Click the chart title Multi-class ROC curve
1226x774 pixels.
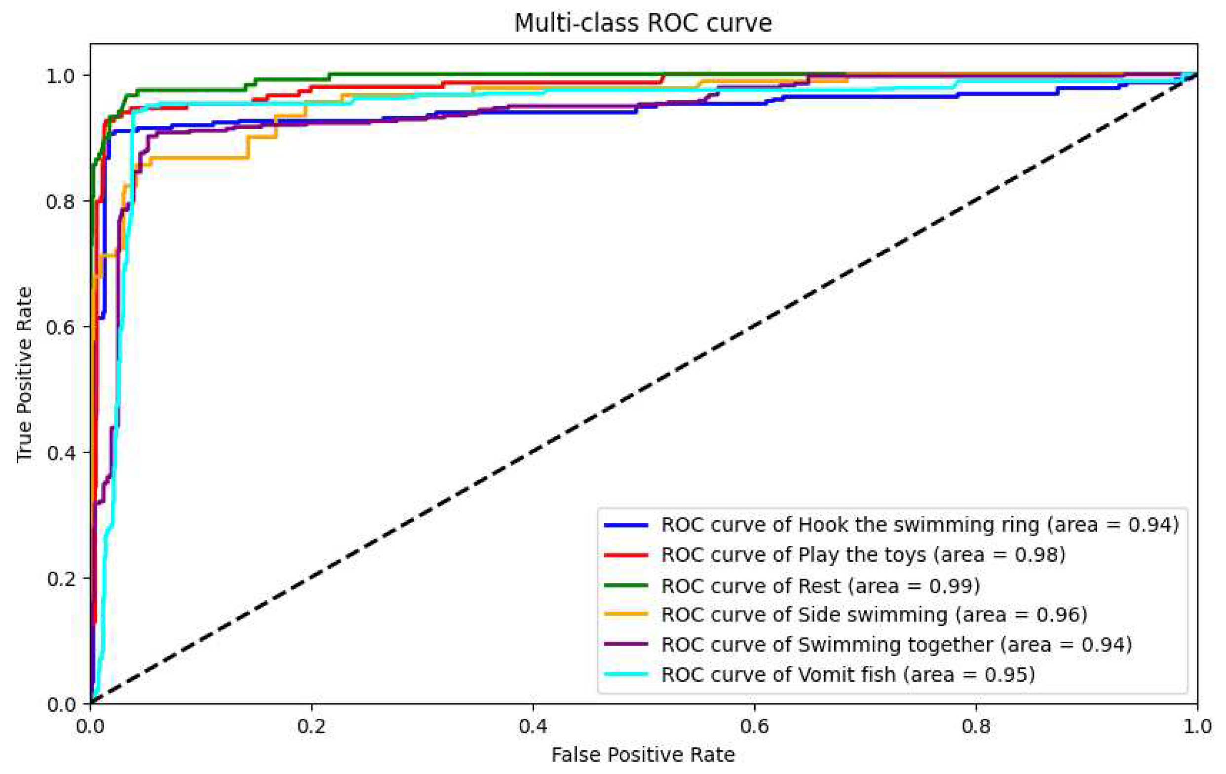(x=643, y=23)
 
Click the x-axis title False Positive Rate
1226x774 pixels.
(x=643, y=755)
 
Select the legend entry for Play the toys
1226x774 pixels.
(x=863, y=554)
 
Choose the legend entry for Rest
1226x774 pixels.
(x=820, y=585)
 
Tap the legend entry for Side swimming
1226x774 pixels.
(x=874, y=615)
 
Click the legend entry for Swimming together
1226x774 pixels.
(x=896, y=645)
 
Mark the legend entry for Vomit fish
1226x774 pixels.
(x=848, y=675)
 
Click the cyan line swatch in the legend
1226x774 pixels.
(x=626, y=675)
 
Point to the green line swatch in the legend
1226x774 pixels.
(x=626, y=585)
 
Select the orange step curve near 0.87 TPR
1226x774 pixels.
(x=204, y=158)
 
